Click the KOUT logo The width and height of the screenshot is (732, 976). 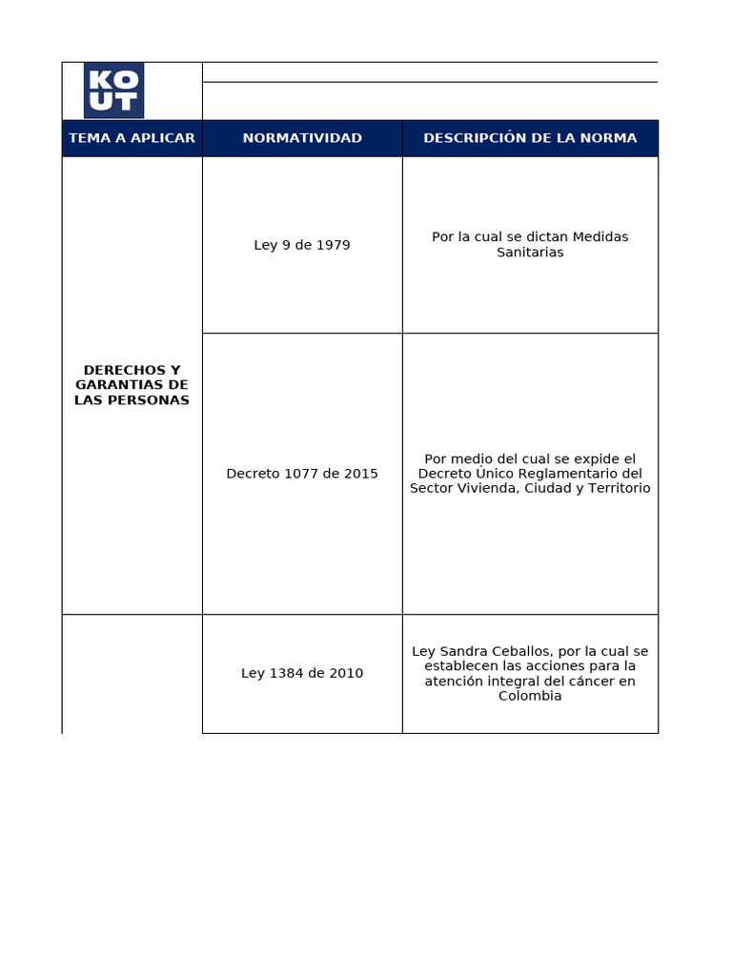point(113,91)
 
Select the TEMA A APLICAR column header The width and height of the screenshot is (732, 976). point(132,138)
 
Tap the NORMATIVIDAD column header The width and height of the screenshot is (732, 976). point(302,138)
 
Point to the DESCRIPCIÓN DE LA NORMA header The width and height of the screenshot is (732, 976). point(530,138)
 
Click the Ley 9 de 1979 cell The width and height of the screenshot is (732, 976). point(302,245)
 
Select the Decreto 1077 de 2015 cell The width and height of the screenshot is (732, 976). point(302,474)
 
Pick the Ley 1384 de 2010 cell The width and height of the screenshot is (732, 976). point(302,673)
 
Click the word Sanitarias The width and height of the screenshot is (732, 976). point(530,253)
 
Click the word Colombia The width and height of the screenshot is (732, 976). point(530,696)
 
